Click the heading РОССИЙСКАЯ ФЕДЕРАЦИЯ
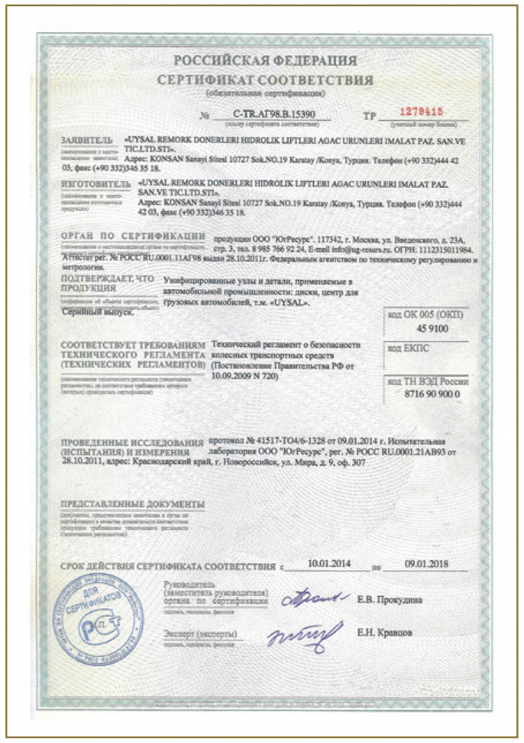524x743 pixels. pyautogui.click(x=265, y=61)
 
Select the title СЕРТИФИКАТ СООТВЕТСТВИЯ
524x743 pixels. pyautogui.click(x=265, y=80)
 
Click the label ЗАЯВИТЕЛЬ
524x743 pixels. pyautogui.click(x=86, y=140)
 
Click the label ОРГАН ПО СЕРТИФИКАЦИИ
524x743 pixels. pyautogui.click(x=133, y=237)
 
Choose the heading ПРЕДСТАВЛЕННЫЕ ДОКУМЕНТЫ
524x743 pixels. pyautogui.click(x=132, y=503)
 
